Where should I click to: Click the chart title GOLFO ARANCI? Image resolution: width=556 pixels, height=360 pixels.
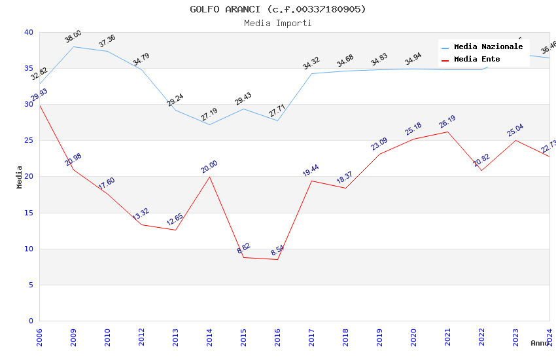(x=278, y=9)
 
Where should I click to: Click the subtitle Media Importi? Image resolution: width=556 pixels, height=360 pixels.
(x=278, y=23)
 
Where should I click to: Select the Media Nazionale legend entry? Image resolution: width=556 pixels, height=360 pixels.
(x=488, y=46)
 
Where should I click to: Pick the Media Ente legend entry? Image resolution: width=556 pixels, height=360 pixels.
(x=477, y=59)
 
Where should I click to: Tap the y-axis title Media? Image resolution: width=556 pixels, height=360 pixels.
(x=20, y=177)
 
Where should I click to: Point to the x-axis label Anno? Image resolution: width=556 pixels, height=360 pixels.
(x=540, y=343)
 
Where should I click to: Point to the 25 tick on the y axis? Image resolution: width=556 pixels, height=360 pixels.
(x=29, y=140)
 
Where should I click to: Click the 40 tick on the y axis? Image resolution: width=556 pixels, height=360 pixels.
(x=29, y=32)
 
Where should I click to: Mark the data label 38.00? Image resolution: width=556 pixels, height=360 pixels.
(x=73, y=37)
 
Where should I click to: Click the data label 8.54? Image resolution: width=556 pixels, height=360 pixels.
(x=277, y=251)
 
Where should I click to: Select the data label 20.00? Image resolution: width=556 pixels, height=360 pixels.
(x=209, y=167)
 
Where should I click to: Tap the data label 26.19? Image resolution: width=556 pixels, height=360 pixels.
(x=447, y=122)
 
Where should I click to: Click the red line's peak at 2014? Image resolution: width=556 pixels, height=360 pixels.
(x=209, y=177)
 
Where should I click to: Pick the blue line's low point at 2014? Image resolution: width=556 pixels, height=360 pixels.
(x=209, y=124)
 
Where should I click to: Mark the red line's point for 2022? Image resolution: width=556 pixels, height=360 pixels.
(x=481, y=170)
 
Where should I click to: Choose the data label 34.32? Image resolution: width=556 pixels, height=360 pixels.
(x=311, y=63)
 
